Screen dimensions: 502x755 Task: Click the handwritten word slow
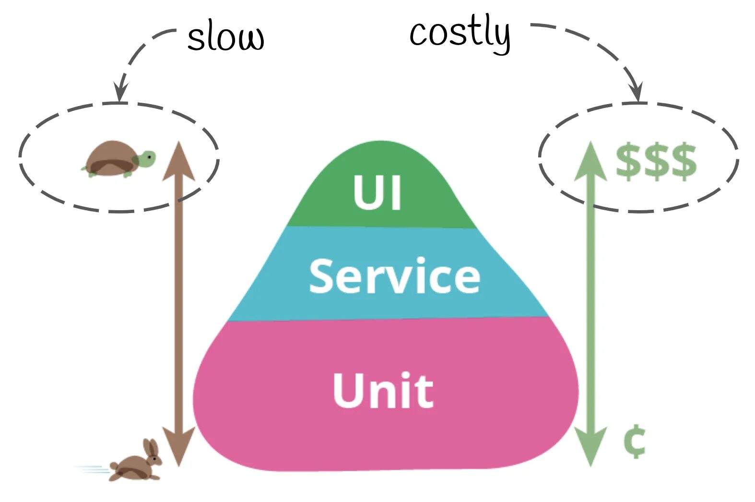pyautogui.click(x=225, y=37)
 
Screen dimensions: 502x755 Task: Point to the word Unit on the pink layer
pyautogui.click(x=383, y=390)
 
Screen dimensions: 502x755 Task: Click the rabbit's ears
pyautogui.click(x=151, y=448)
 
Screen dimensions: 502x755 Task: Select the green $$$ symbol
pyautogui.click(x=656, y=161)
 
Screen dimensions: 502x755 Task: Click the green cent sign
pyautogui.click(x=634, y=441)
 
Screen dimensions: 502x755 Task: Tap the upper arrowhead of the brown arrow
pyautogui.click(x=178, y=161)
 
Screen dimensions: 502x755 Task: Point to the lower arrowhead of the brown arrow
pyautogui.click(x=178, y=446)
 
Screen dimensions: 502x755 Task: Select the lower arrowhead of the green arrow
pyautogui.click(x=591, y=446)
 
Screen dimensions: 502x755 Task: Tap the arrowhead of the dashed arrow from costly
pyautogui.click(x=637, y=92)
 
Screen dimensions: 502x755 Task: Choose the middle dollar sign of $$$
pyautogui.click(x=656, y=161)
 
